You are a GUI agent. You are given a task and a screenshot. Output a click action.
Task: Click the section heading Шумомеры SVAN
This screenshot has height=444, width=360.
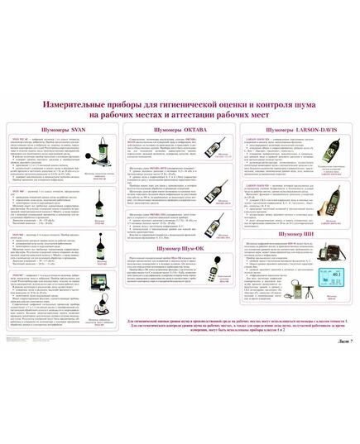(x=62, y=131)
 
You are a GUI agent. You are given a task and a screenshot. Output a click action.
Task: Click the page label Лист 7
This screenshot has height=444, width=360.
(x=341, y=341)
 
